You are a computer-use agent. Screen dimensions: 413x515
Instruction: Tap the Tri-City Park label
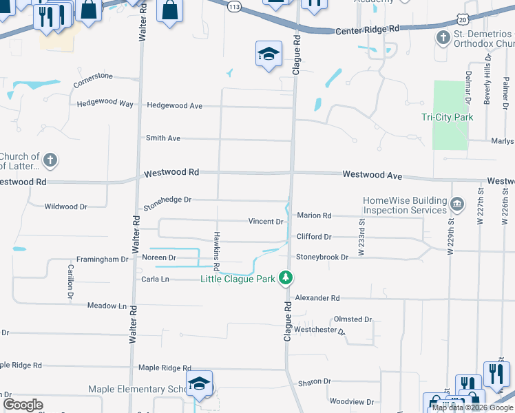coord(447,117)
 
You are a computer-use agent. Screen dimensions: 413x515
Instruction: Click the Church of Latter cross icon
coord(50,161)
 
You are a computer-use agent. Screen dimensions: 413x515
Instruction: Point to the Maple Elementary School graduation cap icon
coord(199,384)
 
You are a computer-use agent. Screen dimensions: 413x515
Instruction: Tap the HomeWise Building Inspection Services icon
coord(456,204)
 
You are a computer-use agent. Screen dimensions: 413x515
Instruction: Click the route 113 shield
coord(235,6)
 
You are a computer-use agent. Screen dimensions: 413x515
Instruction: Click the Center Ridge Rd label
coord(368,30)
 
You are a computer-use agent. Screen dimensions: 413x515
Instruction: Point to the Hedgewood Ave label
coord(175,106)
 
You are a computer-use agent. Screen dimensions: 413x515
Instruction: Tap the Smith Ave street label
coord(163,138)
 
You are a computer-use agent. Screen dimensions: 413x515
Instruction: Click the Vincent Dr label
coord(266,222)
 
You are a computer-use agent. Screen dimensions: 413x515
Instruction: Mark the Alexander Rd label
coord(317,298)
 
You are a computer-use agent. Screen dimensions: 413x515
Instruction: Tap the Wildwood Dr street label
coord(65,206)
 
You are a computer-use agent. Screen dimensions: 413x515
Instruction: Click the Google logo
coord(23,405)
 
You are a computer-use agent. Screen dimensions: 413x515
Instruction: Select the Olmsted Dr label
coord(353,319)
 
